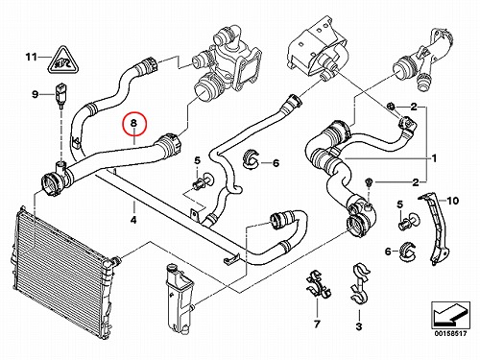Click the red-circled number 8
(x=133, y=123)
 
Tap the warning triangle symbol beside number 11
(x=64, y=60)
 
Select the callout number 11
(x=32, y=57)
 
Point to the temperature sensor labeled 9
(x=60, y=95)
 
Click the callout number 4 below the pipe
(x=133, y=220)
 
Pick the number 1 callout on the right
(x=434, y=158)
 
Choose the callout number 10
(x=453, y=201)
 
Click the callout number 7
(x=317, y=324)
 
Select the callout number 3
(x=359, y=326)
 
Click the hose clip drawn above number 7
(x=318, y=285)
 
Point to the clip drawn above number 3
(x=360, y=283)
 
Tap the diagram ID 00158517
(x=450, y=334)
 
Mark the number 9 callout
(x=35, y=94)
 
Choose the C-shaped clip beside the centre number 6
(x=252, y=159)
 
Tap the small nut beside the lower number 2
(x=369, y=182)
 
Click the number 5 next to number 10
(x=399, y=204)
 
